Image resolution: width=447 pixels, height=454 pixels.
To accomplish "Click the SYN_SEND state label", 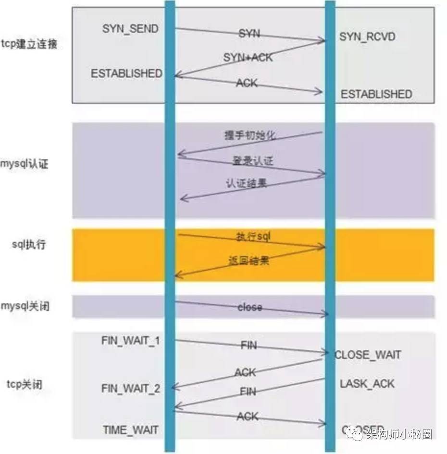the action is coord(130,28).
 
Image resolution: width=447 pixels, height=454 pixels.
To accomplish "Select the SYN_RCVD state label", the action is coord(367,36).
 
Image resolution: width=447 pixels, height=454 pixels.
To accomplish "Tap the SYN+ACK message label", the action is coord(248,57).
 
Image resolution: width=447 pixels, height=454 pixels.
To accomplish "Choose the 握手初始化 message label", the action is coord(250,135).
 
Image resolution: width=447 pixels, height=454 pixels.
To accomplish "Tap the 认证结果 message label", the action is coord(246,183).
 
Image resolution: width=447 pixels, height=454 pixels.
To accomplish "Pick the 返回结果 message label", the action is coord(248,261).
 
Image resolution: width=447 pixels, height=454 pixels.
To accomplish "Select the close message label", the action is coord(250,307).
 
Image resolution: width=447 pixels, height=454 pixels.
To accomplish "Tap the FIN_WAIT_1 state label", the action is coord(131,340).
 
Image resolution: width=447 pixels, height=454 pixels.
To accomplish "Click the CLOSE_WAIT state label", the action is coord(368,355).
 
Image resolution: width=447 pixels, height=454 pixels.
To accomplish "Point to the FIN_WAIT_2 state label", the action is coord(131,389).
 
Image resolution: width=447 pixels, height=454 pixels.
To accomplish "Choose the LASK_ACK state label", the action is coord(367,383).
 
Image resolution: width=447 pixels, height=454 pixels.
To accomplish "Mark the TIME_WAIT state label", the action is coord(130,430).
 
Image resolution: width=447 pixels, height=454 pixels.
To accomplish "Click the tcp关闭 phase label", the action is coord(25,384).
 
